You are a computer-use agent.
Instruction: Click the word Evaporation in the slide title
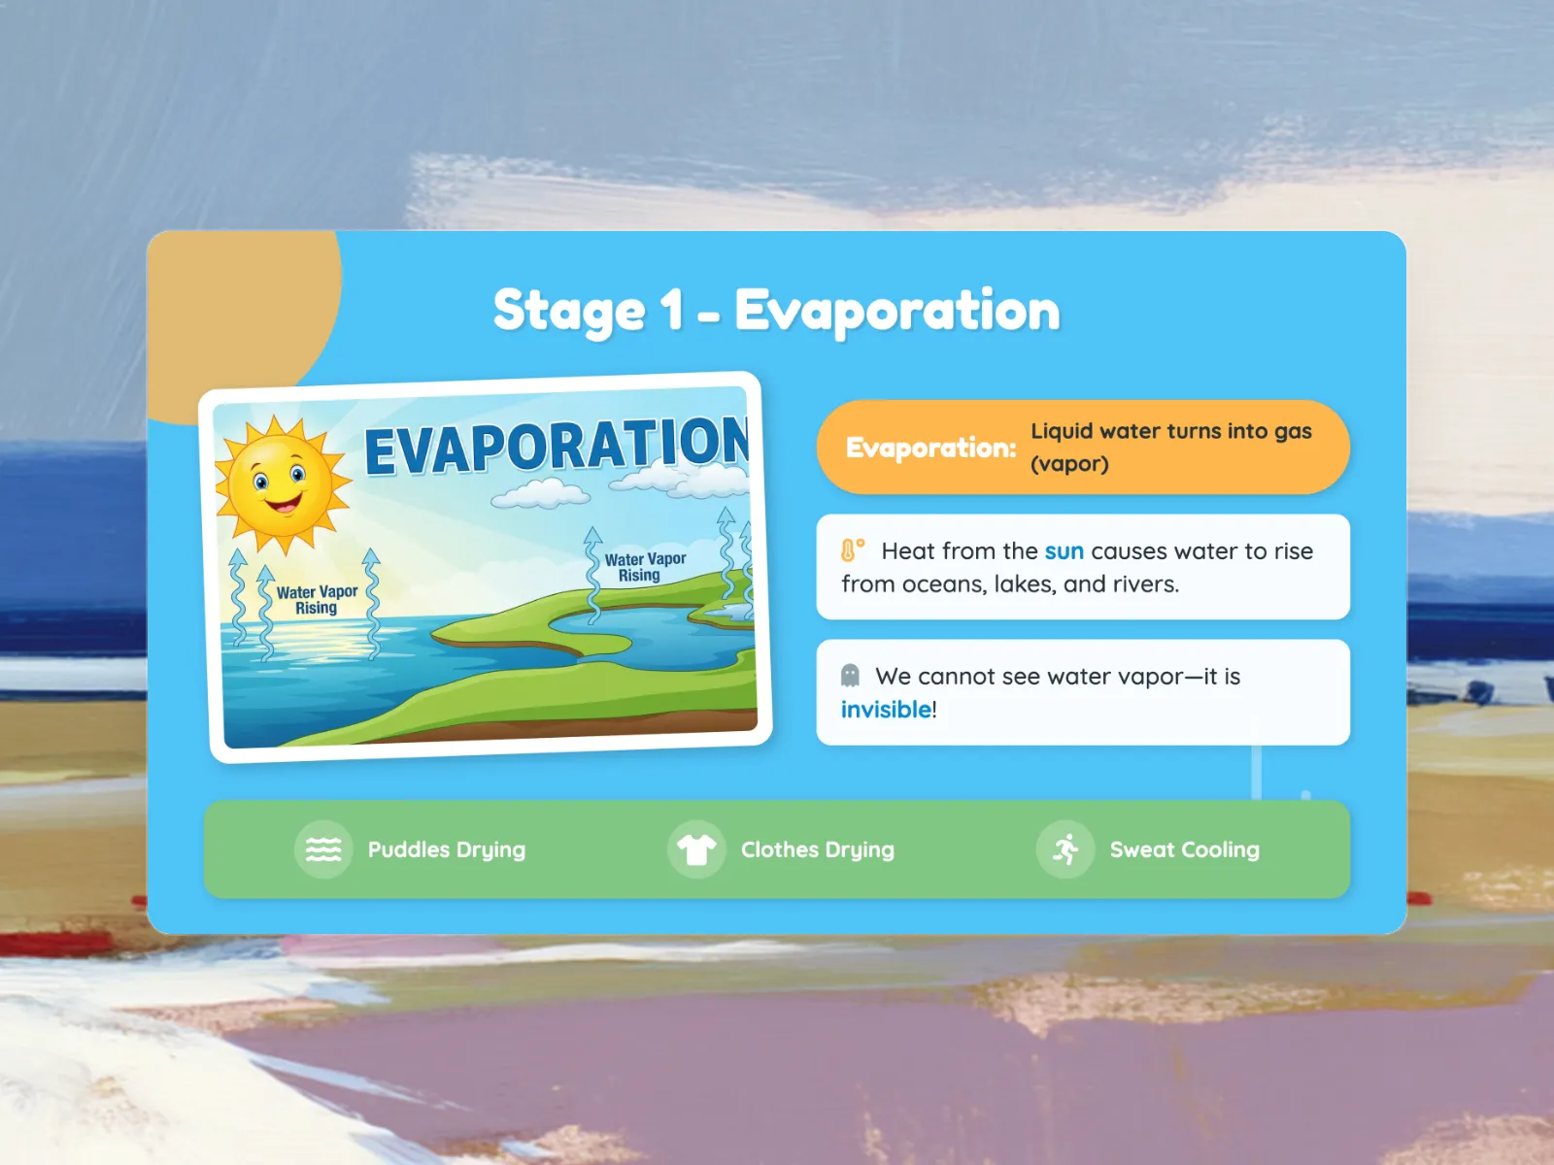[897, 312]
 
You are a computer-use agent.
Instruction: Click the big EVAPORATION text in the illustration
[557, 445]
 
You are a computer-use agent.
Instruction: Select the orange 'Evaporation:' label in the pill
[930, 448]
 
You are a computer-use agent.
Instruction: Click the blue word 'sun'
[1064, 551]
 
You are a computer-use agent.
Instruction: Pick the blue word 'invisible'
[886, 710]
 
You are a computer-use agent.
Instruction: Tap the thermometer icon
[853, 549]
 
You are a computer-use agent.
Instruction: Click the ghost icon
[850, 676]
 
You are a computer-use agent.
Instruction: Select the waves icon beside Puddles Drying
[323, 849]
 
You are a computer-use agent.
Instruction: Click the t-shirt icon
[696, 849]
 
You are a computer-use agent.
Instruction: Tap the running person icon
[1065, 849]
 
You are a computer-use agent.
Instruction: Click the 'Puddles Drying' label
[447, 850]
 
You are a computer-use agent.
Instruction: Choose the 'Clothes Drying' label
[818, 850]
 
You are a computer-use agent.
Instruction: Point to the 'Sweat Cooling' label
[1184, 849]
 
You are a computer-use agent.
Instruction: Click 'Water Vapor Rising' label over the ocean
[317, 600]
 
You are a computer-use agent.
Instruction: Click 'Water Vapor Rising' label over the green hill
[644, 567]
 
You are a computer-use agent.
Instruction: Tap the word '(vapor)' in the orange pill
[1069, 464]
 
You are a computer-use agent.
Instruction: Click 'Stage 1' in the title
[589, 312]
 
